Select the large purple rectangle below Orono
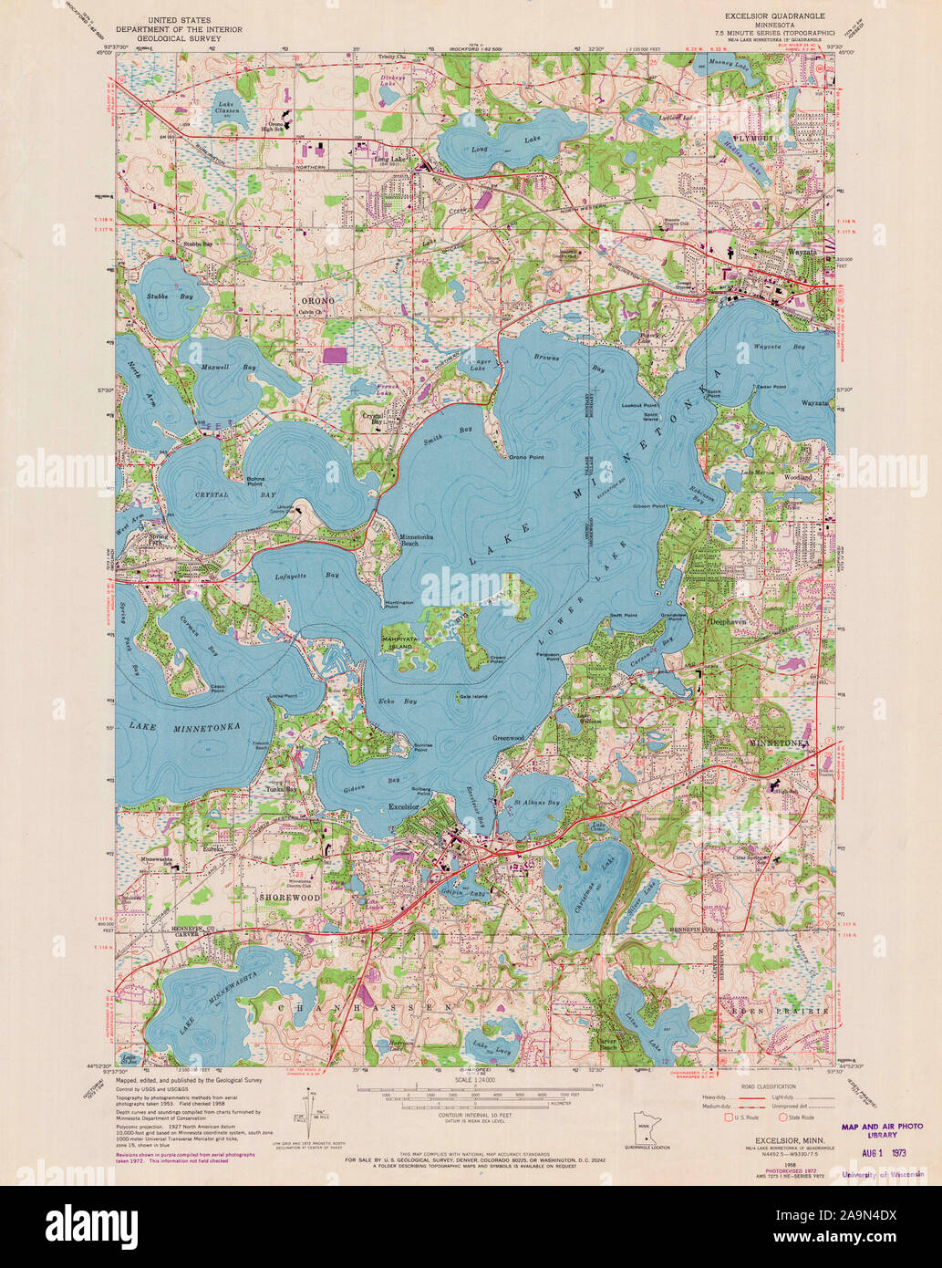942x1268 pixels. [335, 355]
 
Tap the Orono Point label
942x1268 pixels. [526, 456]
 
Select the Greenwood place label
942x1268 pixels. [508, 737]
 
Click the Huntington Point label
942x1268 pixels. [399, 603]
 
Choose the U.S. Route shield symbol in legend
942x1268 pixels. [727, 1116]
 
